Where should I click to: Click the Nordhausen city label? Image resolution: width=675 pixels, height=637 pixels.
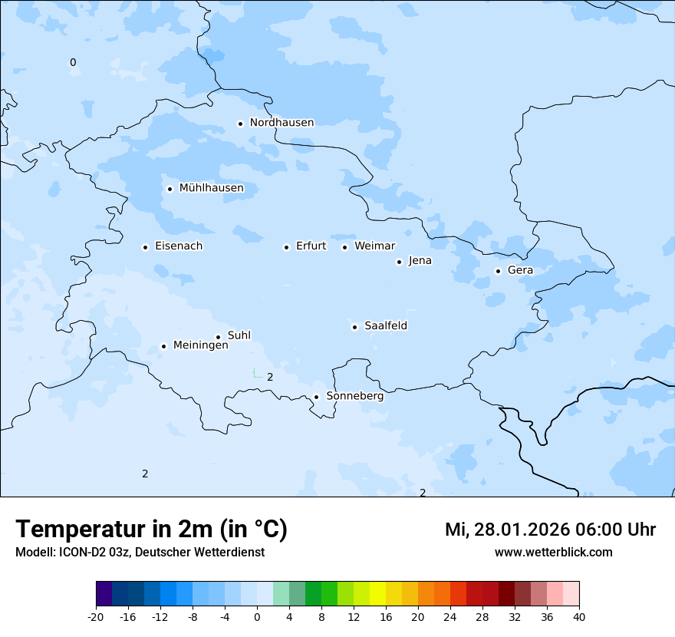282,123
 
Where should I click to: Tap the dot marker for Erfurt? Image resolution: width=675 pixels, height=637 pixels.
286,247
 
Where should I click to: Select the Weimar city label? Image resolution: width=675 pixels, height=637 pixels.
374,246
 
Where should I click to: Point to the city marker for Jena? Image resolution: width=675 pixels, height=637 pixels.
399,262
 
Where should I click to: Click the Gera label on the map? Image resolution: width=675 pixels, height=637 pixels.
520,270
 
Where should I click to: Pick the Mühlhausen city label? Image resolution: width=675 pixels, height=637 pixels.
211,188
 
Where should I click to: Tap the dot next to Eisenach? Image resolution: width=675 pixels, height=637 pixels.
145,247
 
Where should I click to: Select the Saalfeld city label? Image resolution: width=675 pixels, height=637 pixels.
386,326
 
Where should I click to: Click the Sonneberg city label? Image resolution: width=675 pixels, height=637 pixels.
354,396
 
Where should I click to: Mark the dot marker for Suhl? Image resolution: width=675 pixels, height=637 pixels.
218,337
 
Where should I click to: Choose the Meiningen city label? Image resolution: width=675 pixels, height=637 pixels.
200,345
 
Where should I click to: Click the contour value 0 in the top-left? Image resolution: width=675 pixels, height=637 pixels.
73,62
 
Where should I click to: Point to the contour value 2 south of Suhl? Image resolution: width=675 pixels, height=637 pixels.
270,377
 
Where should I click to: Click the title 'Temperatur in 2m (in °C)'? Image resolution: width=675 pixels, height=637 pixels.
152,529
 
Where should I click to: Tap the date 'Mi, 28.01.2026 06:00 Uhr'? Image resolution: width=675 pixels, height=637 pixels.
550,530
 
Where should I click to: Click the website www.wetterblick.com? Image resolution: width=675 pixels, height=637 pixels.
553,553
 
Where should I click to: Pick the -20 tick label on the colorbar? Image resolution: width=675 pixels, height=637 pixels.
96,616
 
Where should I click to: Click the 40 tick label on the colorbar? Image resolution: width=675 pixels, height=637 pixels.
578,616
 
